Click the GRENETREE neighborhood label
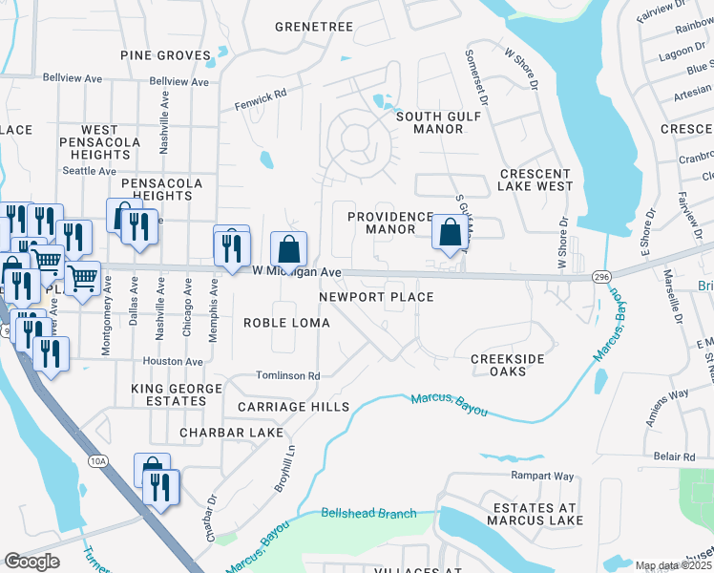pyautogui.click(x=313, y=27)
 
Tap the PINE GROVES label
pyautogui.click(x=165, y=55)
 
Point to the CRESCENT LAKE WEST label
pyautogui.click(x=535, y=180)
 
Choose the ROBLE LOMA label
pyautogui.click(x=286, y=323)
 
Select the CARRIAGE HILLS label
pyautogui.click(x=293, y=407)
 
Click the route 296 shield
pyautogui.click(x=600, y=276)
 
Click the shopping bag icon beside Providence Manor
pyautogui.click(x=450, y=231)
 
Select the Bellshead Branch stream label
pyautogui.click(x=368, y=514)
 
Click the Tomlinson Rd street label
pyautogui.click(x=287, y=376)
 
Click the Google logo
pyautogui.click(x=31, y=562)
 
